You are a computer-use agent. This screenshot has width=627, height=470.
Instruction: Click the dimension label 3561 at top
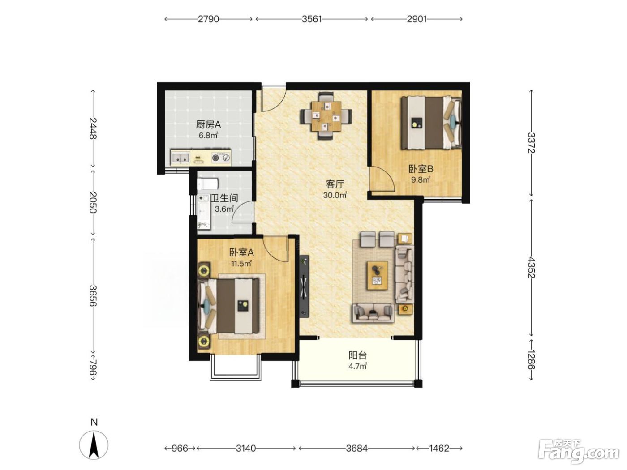pyautogui.click(x=312, y=19)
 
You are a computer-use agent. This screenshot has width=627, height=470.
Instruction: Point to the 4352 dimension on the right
pyautogui.click(x=531, y=267)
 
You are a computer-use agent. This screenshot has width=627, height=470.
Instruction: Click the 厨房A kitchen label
pyautogui.click(x=208, y=124)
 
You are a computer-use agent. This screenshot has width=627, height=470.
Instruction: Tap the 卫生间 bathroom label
pyautogui.click(x=225, y=198)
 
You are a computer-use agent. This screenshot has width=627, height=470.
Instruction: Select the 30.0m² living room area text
pyautogui.click(x=335, y=195)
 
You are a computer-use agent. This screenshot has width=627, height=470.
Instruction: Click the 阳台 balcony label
pyautogui.click(x=358, y=355)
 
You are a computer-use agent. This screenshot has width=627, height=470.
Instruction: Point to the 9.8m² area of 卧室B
pyautogui.click(x=421, y=180)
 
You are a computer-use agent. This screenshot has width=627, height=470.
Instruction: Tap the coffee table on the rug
pyautogui.click(x=378, y=275)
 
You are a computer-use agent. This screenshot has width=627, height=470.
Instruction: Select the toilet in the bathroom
pyautogui.click(x=208, y=184)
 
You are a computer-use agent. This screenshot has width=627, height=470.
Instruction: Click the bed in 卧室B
pyautogui.click(x=431, y=123)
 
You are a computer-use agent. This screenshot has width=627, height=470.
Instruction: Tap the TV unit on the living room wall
pyautogui.click(x=304, y=286)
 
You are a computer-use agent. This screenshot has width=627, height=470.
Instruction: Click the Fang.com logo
pyautogui.click(x=579, y=453)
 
